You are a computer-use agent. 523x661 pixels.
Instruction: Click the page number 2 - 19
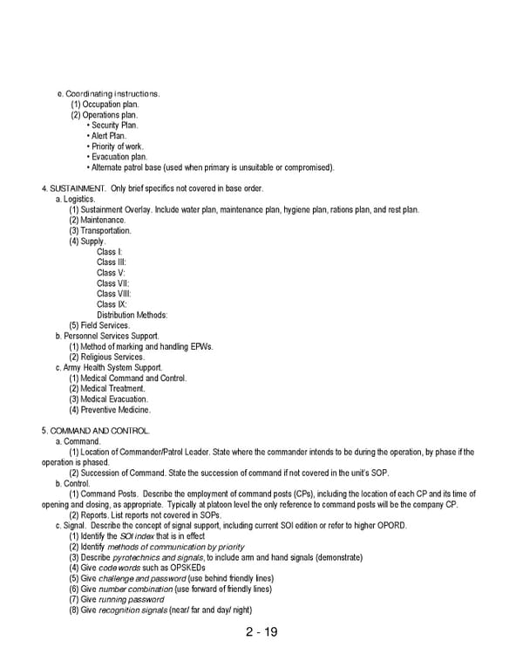(261, 631)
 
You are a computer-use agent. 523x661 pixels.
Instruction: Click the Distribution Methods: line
(132, 315)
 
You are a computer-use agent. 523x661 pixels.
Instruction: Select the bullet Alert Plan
(108, 136)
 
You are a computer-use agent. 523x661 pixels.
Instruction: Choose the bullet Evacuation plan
(117, 157)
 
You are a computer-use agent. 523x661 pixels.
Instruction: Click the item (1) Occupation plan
(105, 105)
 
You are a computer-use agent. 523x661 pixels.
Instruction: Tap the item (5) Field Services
(99, 325)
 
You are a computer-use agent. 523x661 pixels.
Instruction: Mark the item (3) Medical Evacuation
(109, 399)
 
